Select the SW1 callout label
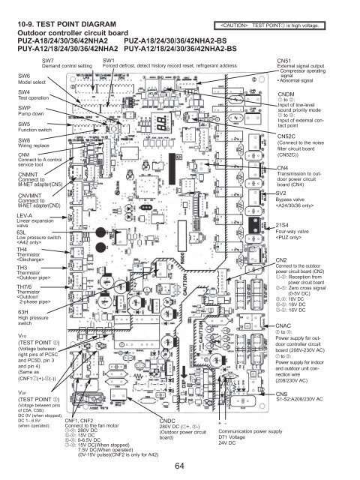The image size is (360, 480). [x=109, y=59]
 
